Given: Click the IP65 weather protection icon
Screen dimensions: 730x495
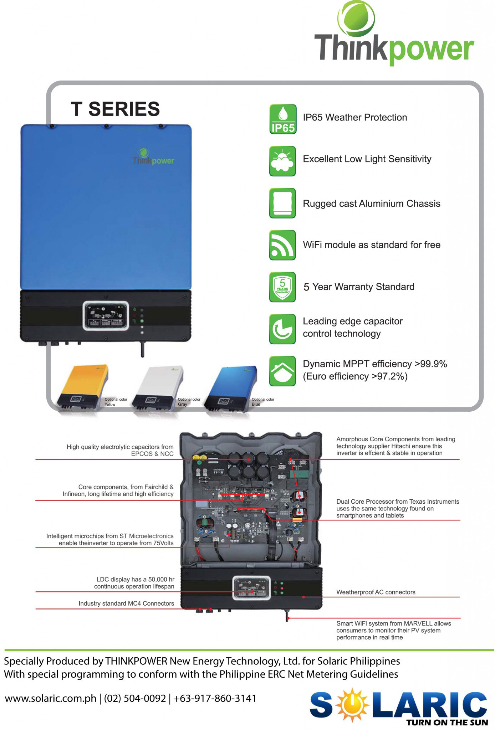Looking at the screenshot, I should [x=282, y=119].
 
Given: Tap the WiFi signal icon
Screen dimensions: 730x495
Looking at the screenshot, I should [x=282, y=245].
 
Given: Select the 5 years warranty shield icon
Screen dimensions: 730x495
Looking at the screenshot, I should [x=282, y=287].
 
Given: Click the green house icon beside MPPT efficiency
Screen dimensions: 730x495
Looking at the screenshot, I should [x=282, y=371].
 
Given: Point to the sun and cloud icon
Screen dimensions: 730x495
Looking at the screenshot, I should [x=282, y=161].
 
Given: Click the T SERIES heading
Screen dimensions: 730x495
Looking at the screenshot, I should [x=115, y=109].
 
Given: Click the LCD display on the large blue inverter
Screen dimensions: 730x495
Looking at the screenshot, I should [x=106, y=315].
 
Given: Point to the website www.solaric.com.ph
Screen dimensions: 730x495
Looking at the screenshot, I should [x=50, y=698].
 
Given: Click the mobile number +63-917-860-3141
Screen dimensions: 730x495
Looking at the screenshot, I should [x=215, y=698].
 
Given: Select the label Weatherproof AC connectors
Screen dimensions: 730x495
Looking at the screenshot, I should [x=376, y=592].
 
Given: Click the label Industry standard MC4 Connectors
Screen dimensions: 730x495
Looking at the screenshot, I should [x=126, y=603].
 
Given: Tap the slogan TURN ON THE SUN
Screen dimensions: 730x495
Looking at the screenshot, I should [x=447, y=722].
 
